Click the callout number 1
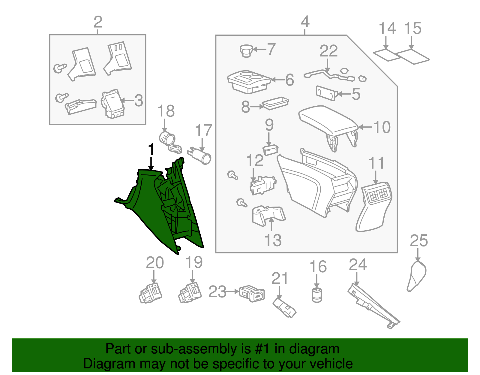tap(151, 149)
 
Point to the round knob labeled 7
tap(247, 50)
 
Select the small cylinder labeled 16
tap(317, 295)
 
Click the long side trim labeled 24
tap(373, 306)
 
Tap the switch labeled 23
tap(252, 293)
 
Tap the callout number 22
tap(328, 51)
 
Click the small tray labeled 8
tap(275, 103)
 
